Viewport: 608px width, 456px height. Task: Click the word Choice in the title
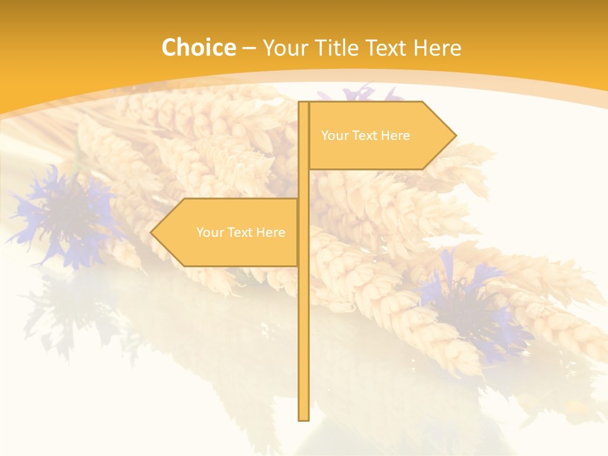(198, 47)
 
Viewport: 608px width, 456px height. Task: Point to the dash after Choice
(249, 48)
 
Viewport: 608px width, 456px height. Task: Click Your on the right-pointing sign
(334, 136)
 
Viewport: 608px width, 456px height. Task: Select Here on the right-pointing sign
(395, 136)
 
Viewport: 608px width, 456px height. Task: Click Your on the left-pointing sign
(209, 232)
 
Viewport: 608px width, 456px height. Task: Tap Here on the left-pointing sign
(270, 232)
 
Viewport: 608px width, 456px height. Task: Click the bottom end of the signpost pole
(304, 417)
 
